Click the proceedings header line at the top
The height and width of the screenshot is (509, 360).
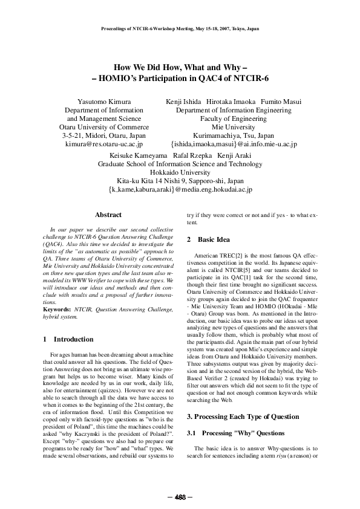point(180,28)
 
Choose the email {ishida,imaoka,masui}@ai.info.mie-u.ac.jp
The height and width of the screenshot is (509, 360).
point(233,144)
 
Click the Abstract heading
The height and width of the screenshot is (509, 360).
point(108,215)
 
